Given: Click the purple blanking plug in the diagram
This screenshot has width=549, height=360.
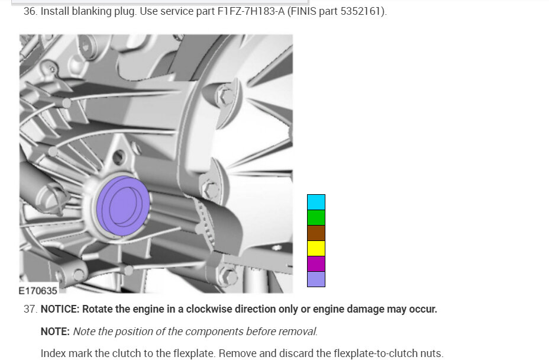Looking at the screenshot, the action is coord(123,206).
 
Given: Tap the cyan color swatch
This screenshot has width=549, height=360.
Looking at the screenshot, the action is coord(316,202).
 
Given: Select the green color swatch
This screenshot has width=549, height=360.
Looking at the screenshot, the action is coord(316,218).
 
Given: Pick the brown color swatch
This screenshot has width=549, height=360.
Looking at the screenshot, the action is coord(316,233).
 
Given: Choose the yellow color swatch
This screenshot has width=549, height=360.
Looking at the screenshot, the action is coord(316,249).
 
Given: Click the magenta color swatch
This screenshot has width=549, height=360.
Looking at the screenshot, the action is coord(316,264).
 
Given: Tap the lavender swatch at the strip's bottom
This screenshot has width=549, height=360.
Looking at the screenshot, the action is coord(316,279).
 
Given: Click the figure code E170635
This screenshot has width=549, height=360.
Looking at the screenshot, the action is coord(38,291).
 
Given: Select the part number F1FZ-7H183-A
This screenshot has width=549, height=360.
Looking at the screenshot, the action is coord(251,11).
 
